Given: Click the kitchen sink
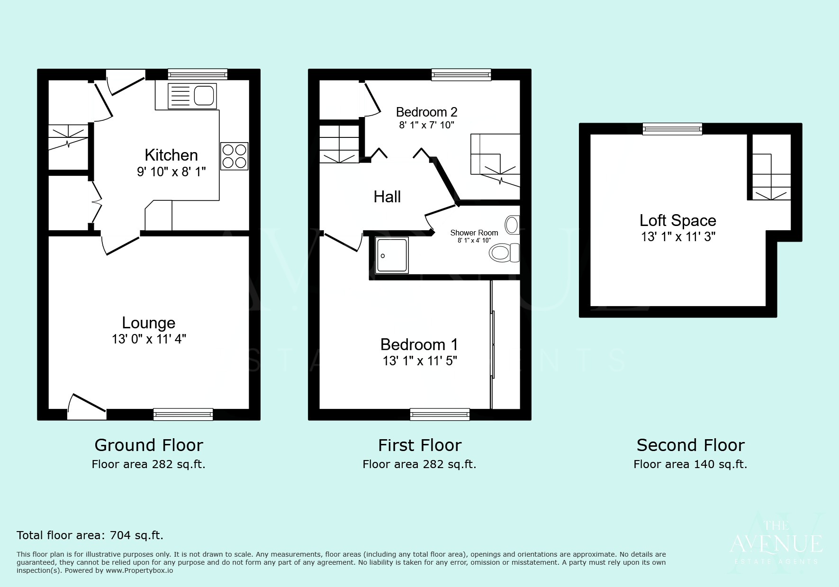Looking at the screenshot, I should click(x=192, y=96).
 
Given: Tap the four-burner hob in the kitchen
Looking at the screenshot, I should click(x=234, y=156).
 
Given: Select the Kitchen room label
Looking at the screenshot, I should click(x=171, y=155).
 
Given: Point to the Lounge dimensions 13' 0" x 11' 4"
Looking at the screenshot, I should click(x=149, y=339).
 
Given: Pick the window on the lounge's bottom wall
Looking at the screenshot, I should click(x=183, y=414).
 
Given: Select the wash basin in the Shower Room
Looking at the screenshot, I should click(x=512, y=225).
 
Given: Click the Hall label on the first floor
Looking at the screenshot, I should click(x=387, y=197).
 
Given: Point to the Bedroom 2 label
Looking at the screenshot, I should click(x=426, y=112).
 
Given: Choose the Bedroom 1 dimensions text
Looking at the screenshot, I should click(x=420, y=361).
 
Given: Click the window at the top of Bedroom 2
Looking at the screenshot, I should click(x=461, y=74).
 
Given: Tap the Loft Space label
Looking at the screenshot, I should click(x=677, y=220).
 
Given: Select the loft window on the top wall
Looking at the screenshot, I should click(x=672, y=128).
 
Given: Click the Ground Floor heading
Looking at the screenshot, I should click(x=149, y=445).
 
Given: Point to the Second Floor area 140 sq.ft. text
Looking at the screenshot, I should click(x=690, y=464).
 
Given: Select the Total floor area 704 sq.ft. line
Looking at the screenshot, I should click(x=90, y=535).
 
